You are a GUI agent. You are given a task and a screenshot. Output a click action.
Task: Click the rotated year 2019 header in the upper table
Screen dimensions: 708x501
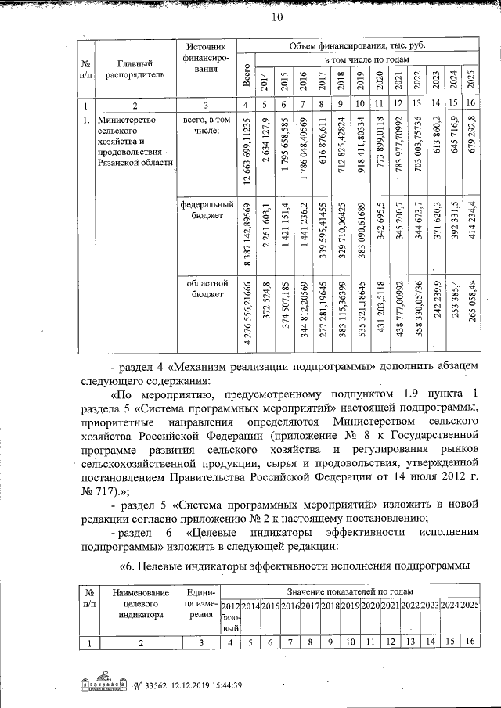360,81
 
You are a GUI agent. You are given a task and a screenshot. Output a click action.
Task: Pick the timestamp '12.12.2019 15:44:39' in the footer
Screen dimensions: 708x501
205,685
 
